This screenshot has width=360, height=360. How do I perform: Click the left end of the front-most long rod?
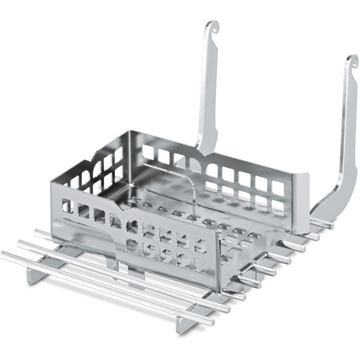(x=5, y=256)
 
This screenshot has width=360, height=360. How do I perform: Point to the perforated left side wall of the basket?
(x=90, y=174)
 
